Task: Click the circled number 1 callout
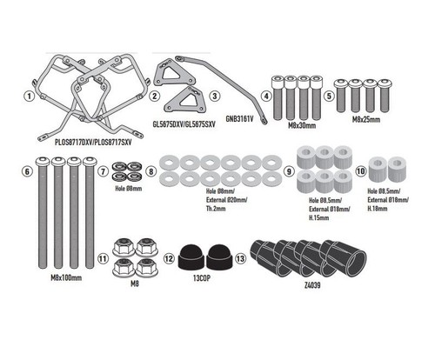click(29, 96)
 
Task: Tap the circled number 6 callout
click(27, 171)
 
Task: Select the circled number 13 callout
click(240, 258)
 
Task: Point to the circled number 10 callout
click(361, 171)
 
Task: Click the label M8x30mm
click(302, 126)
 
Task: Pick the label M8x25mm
click(366, 119)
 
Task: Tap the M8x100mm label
click(66, 278)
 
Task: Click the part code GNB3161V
click(239, 118)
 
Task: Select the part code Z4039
click(312, 285)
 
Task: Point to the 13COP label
click(202, 278)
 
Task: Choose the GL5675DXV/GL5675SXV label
click(184, 124)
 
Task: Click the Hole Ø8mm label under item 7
click(129, 189)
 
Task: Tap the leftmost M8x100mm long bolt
click(43, 212)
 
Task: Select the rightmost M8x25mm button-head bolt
click(385, 97)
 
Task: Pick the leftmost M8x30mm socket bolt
click(278, 98)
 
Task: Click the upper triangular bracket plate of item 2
click(173, 73)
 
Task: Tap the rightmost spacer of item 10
click(397, 170)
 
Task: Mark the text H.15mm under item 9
click(318, 217)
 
